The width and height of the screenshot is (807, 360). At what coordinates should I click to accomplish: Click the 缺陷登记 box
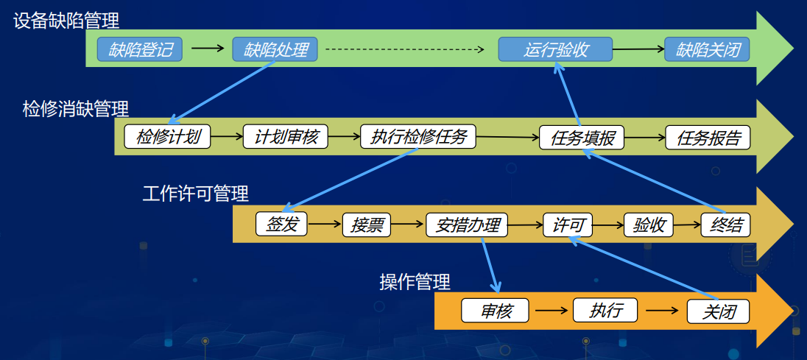point(139,50)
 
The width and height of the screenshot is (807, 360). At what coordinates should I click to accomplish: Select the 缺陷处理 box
point(275,50)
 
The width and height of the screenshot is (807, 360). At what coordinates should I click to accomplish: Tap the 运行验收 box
point(555,50)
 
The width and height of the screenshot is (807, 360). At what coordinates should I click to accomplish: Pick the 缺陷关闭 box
point(707,50)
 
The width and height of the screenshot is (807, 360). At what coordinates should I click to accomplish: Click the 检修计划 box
point(167,137)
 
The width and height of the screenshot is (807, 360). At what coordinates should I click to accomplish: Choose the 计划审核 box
point(285,137)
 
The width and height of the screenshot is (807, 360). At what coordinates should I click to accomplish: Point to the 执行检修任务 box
point(418,137)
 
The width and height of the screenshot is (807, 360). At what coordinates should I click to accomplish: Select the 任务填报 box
point(582,138)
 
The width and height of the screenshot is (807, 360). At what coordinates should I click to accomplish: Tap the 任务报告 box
point(708,138)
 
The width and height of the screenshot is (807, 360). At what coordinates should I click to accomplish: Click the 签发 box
point(281,225)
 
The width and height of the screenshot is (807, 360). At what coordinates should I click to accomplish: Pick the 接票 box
point(367,225)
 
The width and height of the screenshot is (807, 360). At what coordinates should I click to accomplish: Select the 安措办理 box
point(467,225)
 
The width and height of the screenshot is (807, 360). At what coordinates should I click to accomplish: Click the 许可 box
point(568,225)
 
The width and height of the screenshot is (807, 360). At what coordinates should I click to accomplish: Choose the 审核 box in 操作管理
point(495,311)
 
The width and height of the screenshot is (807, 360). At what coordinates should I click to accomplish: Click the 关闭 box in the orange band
point(719,311)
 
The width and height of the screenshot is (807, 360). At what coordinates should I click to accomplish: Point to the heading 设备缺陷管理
point(66,21)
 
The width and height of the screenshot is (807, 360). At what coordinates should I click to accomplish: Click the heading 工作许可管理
point(196,194)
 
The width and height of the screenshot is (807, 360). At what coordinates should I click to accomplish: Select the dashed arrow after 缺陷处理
point(405,50)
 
